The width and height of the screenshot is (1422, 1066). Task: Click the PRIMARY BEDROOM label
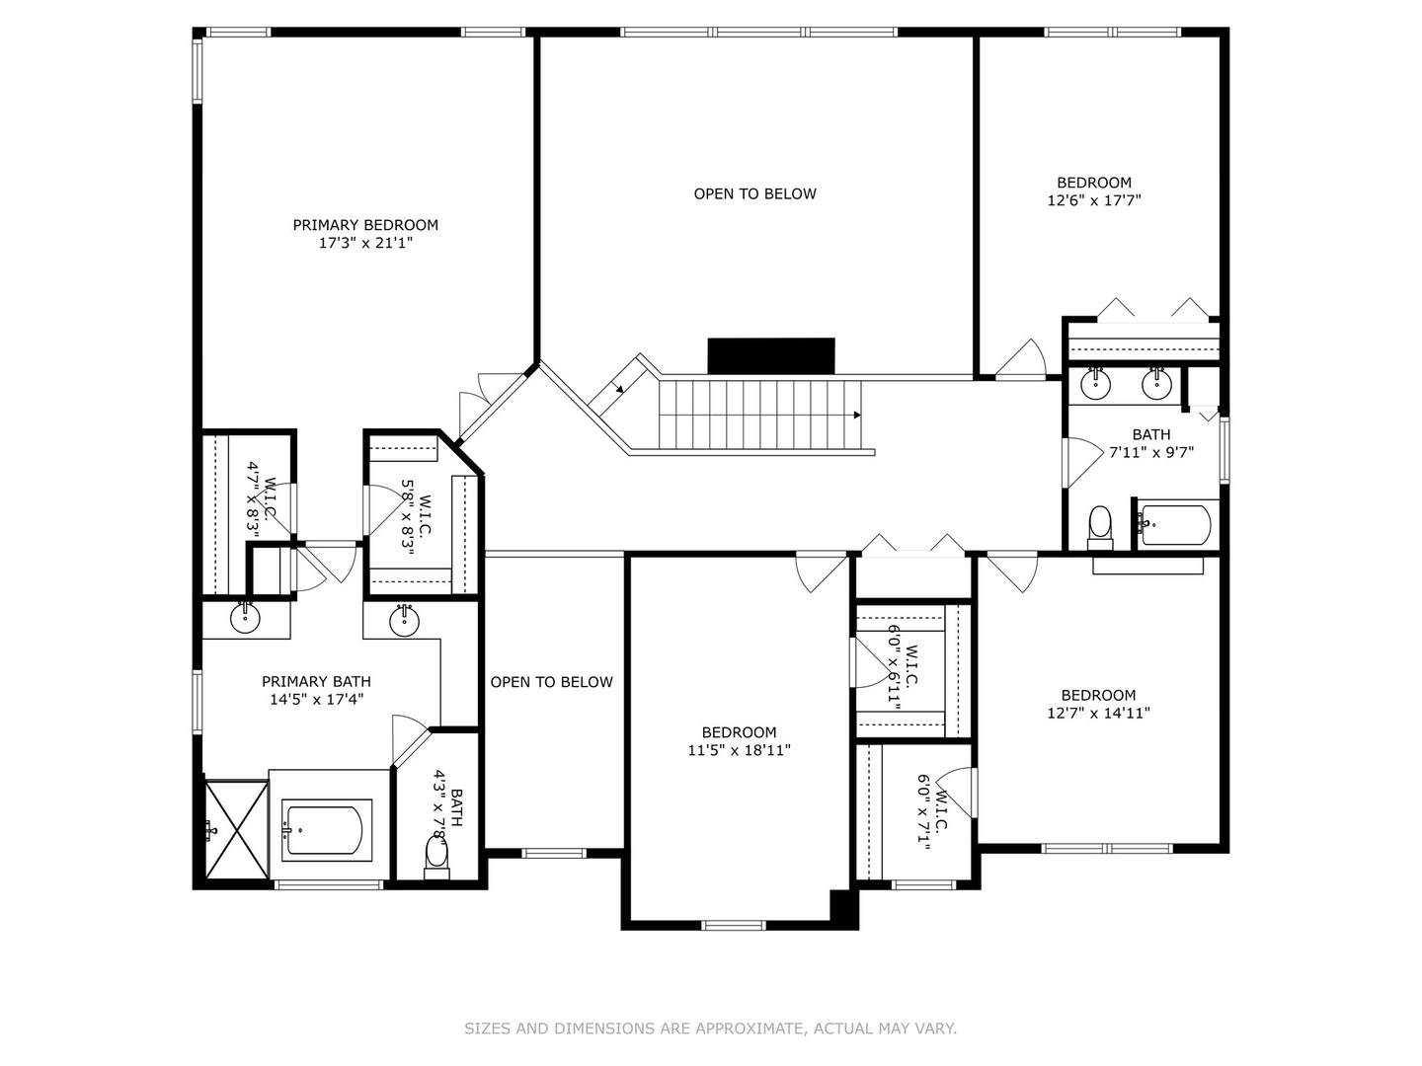[x=365, y=225]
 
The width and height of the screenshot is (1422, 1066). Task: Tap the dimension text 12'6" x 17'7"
[x=1094, y=200]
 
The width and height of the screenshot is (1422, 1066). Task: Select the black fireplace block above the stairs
[x=771, y=355]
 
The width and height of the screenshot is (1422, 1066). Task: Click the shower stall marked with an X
[x=237, y=829]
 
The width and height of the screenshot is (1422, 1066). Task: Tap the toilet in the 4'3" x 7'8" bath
[x=436, y=854]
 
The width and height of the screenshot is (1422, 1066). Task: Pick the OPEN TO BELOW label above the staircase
[x=755, y=194]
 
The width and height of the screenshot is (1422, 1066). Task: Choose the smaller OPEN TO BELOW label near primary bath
[x=552, y=682]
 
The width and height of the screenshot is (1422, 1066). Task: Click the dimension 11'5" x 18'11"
[x=740, y=750]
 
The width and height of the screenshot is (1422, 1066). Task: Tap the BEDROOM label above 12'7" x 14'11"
[x=1098, y=695]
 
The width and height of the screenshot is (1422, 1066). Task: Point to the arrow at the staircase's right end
[x=859, y=416]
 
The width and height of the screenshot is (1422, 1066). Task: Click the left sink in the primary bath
[x=245, y=619]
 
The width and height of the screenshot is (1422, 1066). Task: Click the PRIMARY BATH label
[x=316, y=681]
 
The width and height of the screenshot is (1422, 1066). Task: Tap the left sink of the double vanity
[x=1096, y=383]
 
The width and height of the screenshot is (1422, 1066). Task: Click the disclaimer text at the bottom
[x=710, y=1028]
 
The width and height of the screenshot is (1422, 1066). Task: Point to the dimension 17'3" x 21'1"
[x=365, y=243]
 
